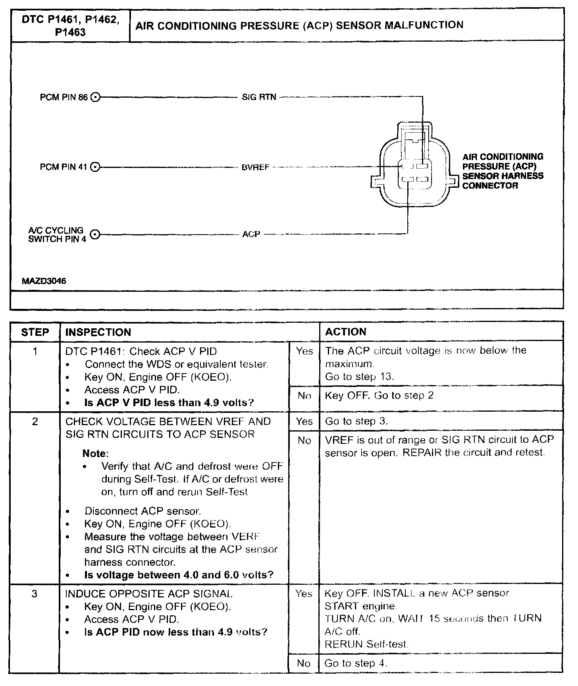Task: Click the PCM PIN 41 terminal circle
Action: tap(95, 167)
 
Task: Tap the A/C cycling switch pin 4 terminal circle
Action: tap(94, 234)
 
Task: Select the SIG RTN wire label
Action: tap(259, 97)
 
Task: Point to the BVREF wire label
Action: tap(255, 168)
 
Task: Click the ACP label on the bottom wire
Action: tap(251, 235)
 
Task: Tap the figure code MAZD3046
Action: tap(44, 281)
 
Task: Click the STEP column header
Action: tap(35, 332)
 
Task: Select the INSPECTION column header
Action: tap(98, 332)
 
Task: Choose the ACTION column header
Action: tap(346, 332)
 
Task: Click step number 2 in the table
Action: tap(35, 421)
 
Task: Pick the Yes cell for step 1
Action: tap(304, 351)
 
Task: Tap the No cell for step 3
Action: tap(304, 663)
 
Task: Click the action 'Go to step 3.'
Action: tap(356, 421)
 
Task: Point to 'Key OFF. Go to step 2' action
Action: tap(380, 395)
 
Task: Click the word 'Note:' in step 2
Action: tap(95, 453)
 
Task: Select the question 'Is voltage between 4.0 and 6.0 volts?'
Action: tap(179, 575)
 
